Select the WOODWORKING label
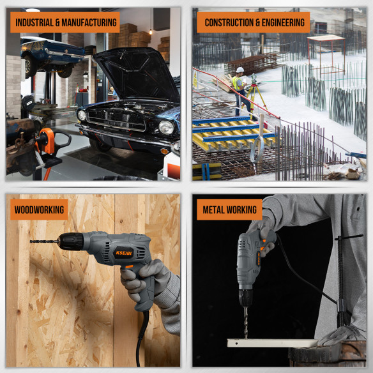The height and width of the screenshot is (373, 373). tap(38, 209)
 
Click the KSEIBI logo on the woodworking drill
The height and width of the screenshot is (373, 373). tap(123, 252)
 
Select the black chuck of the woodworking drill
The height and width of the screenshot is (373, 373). tap(72, 241)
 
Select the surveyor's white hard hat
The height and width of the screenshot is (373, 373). tap(240, 70)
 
